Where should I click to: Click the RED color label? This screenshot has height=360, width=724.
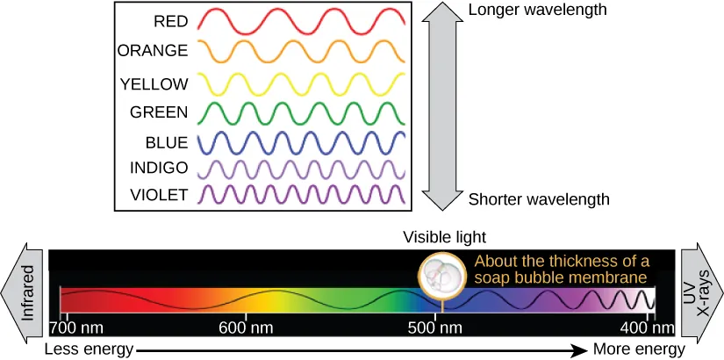(170, 20)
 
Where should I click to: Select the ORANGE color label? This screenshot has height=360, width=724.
(153, 51)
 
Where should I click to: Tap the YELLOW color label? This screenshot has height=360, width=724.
(154, 83)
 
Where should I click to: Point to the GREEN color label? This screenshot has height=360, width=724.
(159, 112)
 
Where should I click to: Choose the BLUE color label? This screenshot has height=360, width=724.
(167, 141)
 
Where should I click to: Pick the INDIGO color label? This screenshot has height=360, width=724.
(158, 167)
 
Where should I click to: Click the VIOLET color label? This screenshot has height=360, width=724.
(159, 194)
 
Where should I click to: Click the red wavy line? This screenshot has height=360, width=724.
(301, 19)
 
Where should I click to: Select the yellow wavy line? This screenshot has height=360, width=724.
(301, 83)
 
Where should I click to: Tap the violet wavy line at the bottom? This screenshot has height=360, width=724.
(301, 193)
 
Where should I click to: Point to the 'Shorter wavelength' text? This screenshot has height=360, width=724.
(539, 199)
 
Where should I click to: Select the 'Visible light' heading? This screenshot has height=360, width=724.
(444, 237)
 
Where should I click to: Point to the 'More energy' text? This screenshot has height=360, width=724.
(639, 349)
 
